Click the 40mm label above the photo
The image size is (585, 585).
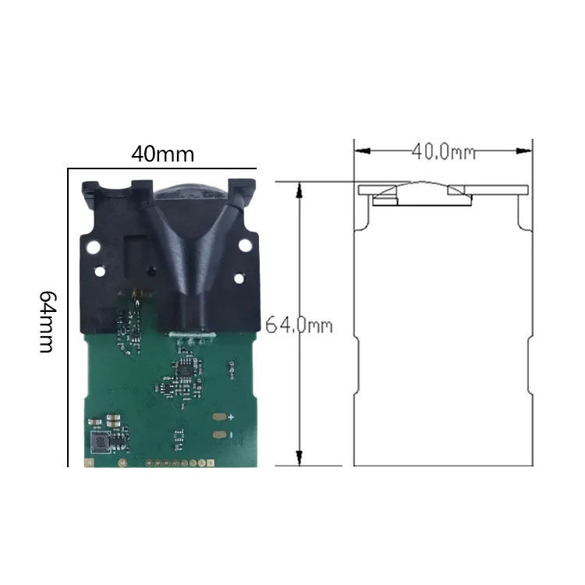point(163,154)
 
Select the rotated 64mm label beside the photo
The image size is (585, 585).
point(48,322)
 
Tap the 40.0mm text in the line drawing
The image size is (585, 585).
point(444,152)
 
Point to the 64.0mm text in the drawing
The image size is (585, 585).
point(299,325)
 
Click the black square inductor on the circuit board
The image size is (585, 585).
point(100,442)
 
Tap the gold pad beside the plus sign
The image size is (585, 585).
point(219,417)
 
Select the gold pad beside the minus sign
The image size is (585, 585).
point(219,434)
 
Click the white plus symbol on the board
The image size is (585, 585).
point(231,417)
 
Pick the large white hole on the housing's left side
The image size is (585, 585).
point(93,246)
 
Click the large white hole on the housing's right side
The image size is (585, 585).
point(245,245)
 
